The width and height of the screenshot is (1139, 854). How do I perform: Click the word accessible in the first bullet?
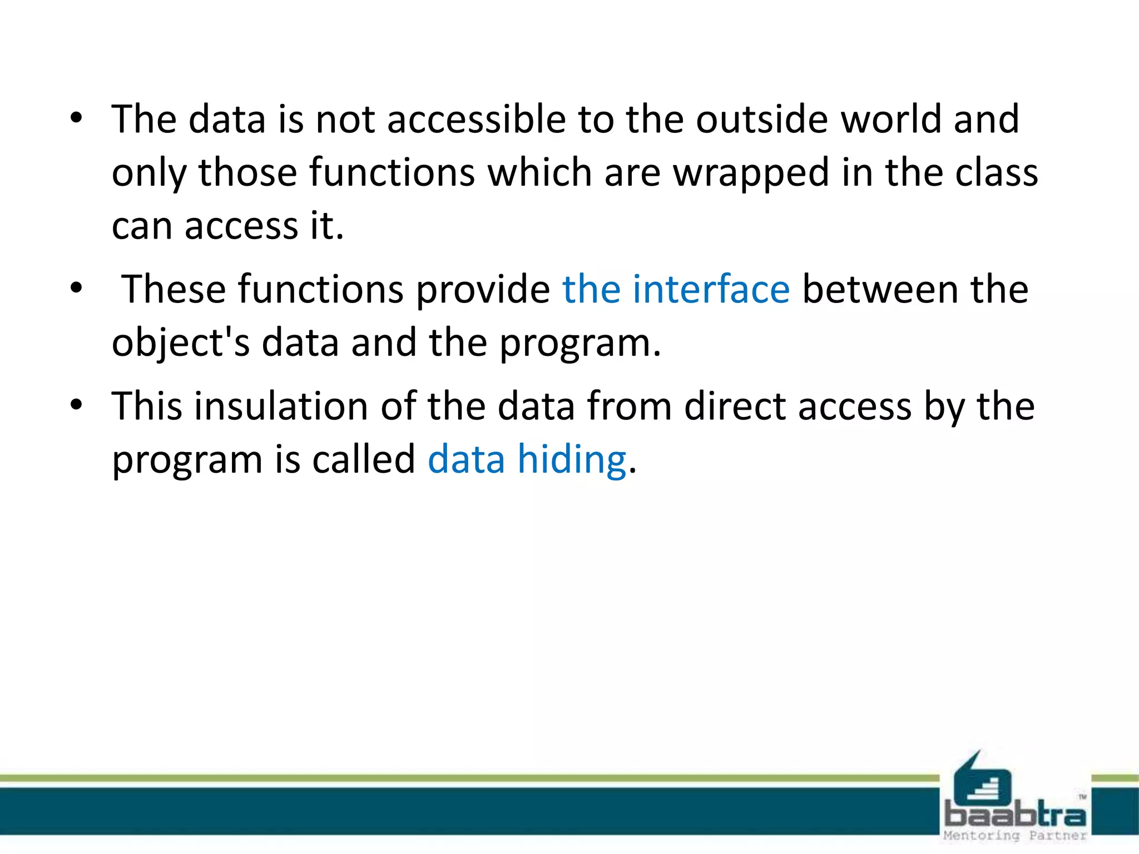(x=476, y=120)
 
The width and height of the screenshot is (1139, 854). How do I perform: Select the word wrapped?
(x=751, y=173)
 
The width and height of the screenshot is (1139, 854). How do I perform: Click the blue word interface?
(x=711, y=290)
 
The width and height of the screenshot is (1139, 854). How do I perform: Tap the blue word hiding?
(x=572, y=460)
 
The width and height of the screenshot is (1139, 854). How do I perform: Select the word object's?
(x=181, y=343)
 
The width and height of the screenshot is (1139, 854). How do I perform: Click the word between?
(x=880, y=290)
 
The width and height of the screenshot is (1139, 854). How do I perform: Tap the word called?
(x=363, y=460)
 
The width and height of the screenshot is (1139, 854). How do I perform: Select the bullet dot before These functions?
(x=76, y=288)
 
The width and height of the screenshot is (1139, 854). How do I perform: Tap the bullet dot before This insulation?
(x=76, y=405)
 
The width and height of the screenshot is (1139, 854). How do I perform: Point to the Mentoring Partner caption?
(x=1015, y=836)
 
